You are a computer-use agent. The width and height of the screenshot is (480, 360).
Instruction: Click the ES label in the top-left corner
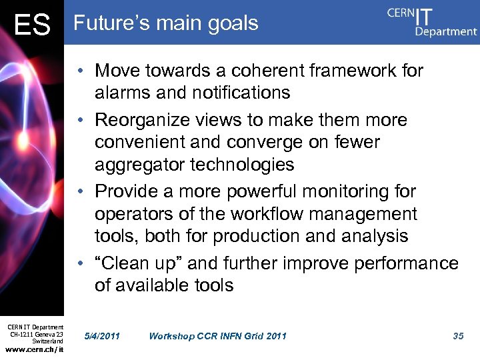pyautogui.click(x=32, y=25)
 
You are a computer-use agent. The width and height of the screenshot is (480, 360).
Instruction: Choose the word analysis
pyautogui.click(x=375, y=236)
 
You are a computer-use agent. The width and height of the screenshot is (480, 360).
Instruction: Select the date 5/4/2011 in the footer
pyautogui.click(x=102, y=336)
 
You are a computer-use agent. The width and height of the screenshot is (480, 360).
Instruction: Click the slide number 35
pyautogui.click(x=458, y=336)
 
